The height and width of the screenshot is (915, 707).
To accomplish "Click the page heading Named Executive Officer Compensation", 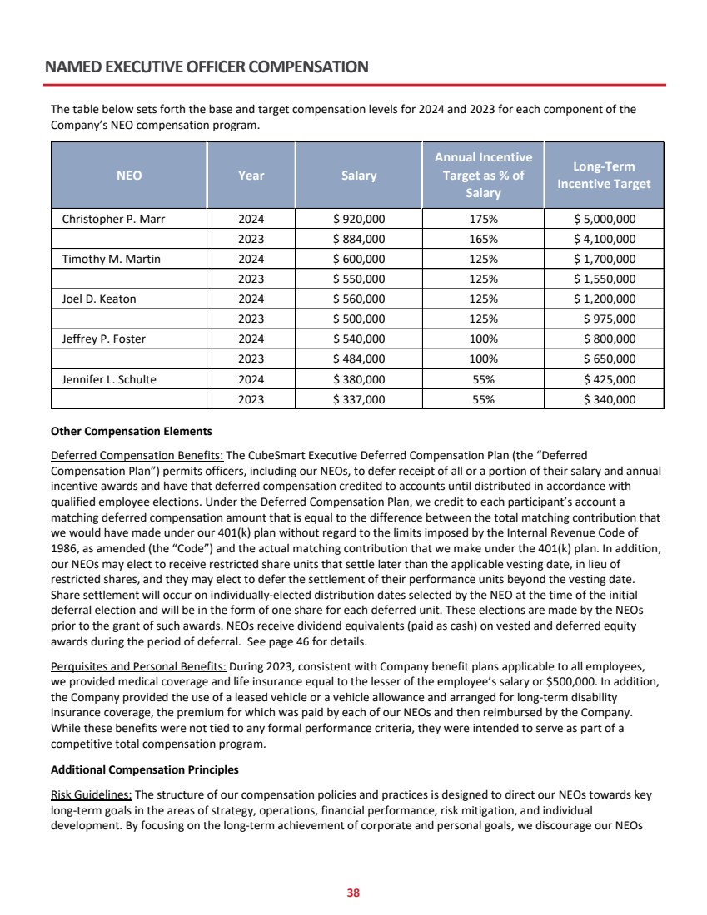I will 207,66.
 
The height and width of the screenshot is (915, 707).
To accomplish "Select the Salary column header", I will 359,176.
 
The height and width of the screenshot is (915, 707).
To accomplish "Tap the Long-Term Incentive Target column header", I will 604,176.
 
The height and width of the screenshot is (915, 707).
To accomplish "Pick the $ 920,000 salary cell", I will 359,220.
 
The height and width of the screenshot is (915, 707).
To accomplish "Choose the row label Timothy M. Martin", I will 112,260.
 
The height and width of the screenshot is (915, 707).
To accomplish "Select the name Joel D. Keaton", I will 99,299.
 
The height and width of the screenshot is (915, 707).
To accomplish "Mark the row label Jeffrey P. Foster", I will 104,339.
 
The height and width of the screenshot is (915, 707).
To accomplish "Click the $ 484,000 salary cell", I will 359,359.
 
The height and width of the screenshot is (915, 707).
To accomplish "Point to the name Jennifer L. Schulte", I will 109,379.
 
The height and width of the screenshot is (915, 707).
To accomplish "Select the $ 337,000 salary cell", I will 359,399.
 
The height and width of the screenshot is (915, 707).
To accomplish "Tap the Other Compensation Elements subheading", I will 132,432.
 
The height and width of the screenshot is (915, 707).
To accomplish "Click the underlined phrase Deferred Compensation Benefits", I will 137,456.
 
